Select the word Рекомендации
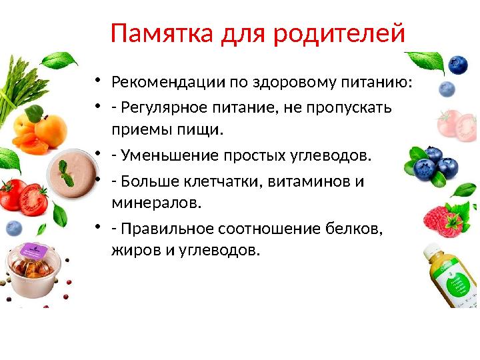click(x=169, y=82)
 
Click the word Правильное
click(x=162, y=229)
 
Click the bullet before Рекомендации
click(x=97, y=82)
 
